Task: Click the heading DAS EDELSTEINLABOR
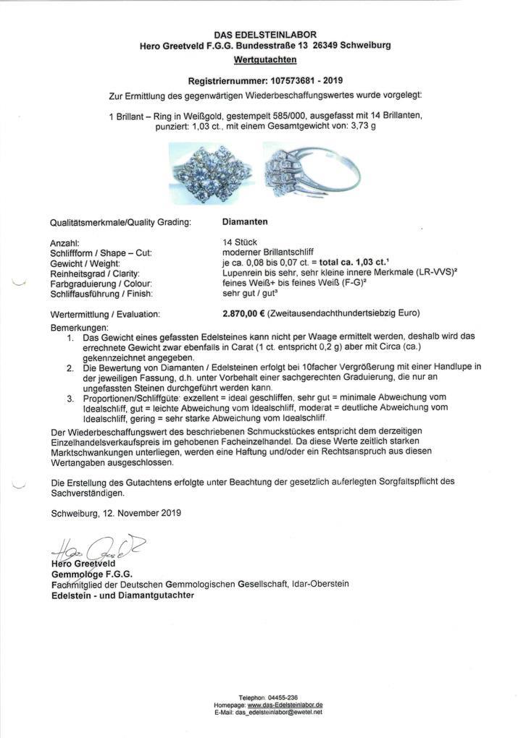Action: click(x=264, y=35)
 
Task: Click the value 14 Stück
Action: click(x=241, y=243)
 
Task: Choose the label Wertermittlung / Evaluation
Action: click(x=106, y=315)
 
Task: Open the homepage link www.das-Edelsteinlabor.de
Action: click(x=285, y=705)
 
